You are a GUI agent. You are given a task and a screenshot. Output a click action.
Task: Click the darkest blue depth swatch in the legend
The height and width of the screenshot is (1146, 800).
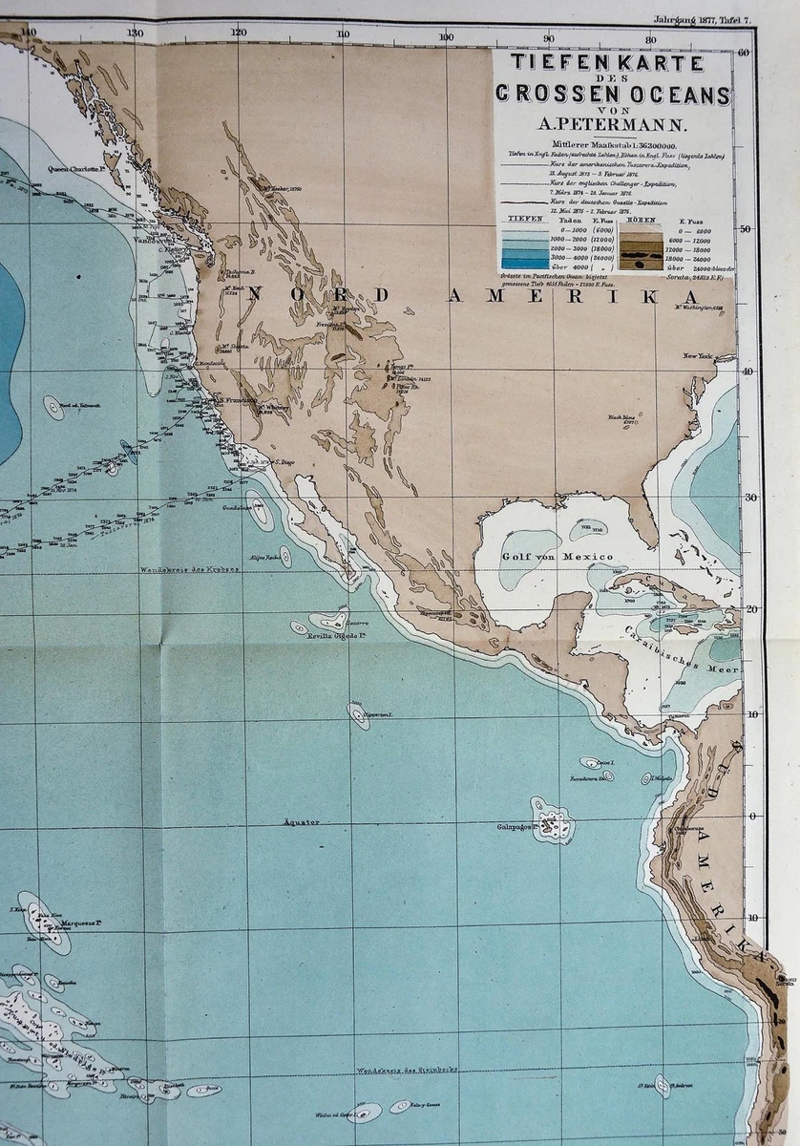coord(525,262)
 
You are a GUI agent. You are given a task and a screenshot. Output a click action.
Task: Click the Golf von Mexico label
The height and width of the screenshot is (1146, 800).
coord(543,555)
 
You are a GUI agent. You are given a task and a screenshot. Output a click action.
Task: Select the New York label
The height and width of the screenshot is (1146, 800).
coord(698,356)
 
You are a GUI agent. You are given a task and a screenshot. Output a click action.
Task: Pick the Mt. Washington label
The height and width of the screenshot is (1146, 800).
coord(703,307)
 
